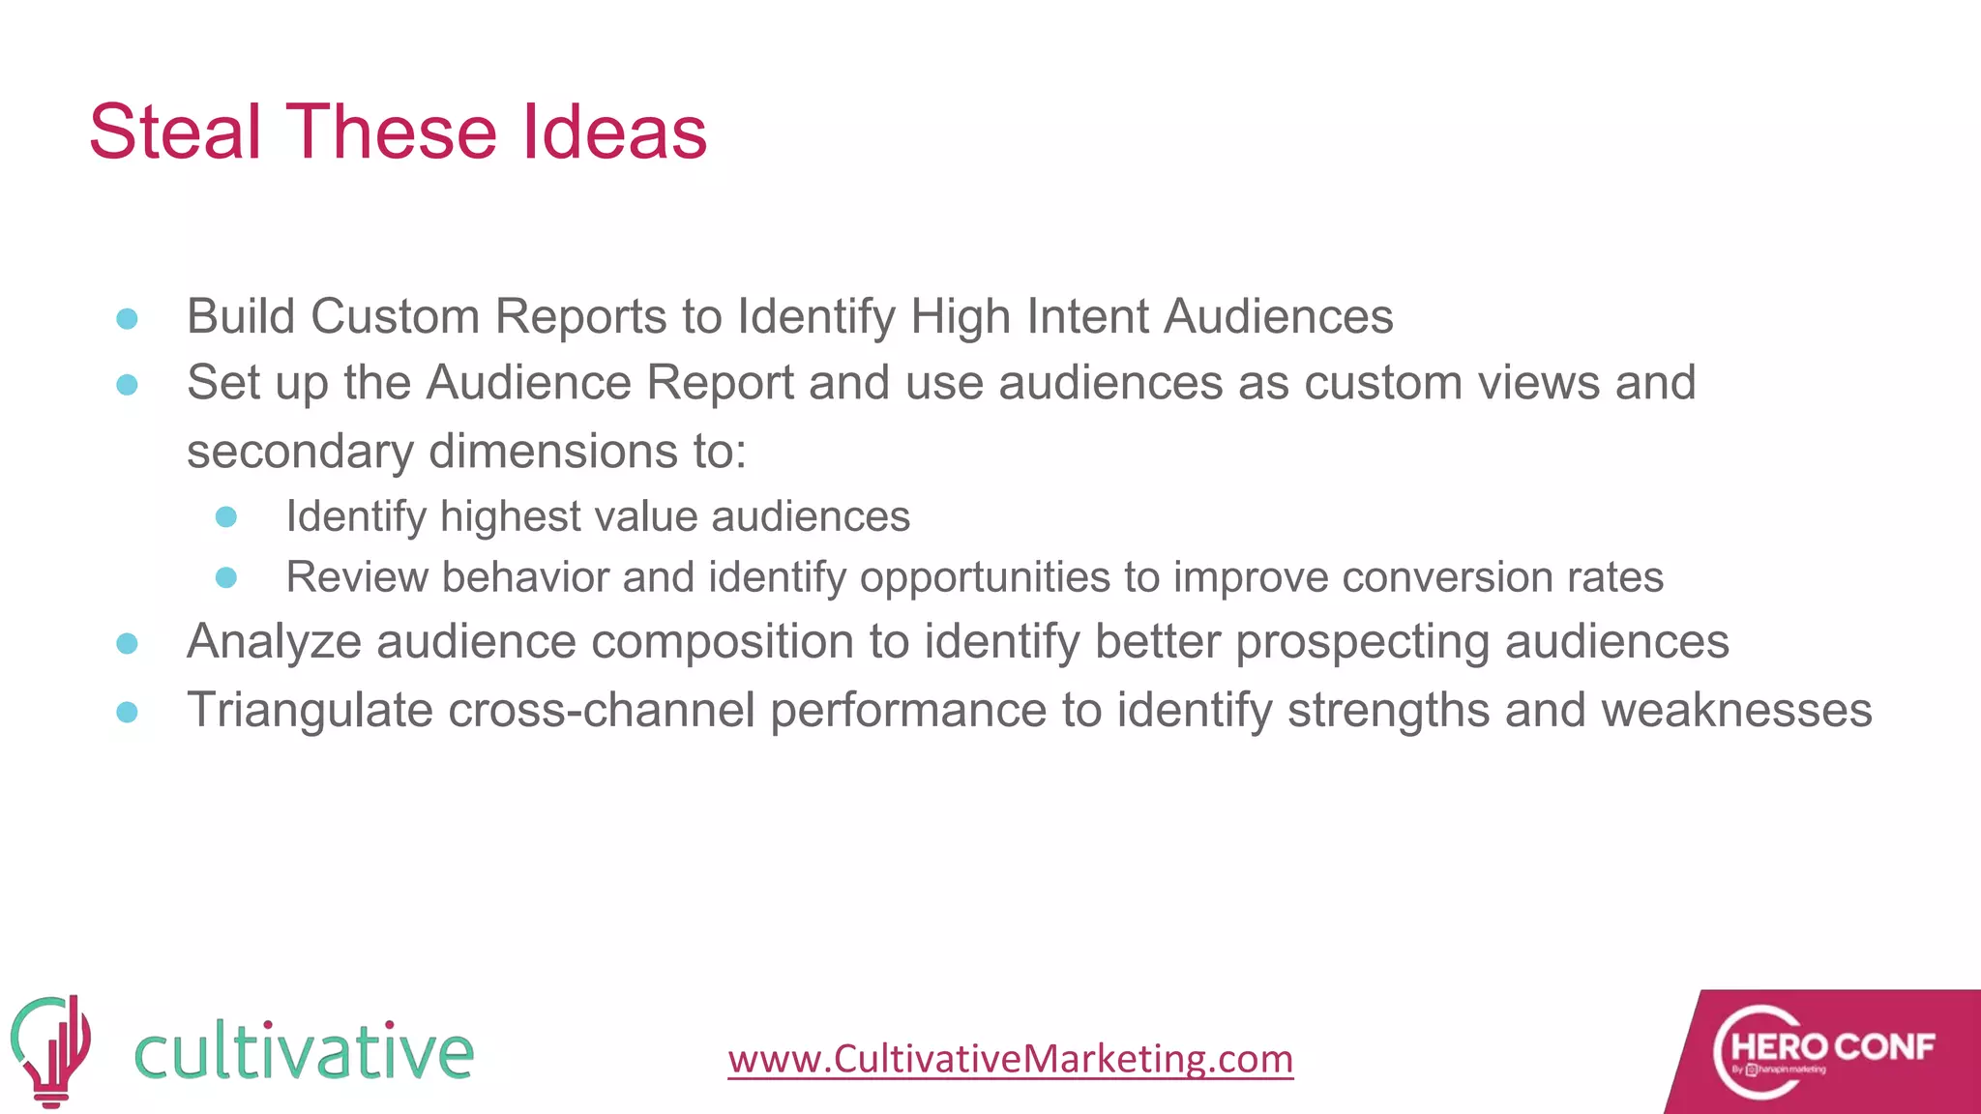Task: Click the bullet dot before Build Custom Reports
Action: tap(127, 318)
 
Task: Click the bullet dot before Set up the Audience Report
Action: tap(127, 385)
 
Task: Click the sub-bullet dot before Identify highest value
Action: tap(226, 517)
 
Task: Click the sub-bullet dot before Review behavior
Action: tap(226, 577)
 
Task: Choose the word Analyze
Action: tap(274, 642)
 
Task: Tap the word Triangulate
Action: tap(310, 710)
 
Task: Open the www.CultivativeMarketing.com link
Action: tap(1011, 1058)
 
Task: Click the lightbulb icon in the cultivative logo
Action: tap(51, 1050)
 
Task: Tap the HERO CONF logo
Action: tap(1823, 1051)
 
